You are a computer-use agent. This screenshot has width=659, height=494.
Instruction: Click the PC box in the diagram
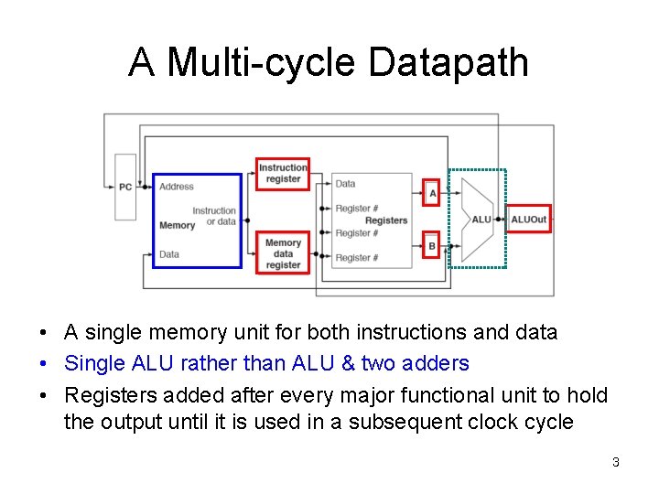pos(125,187)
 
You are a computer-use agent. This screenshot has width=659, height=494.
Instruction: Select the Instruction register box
pos(283,174)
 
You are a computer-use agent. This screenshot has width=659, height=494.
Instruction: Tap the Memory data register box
pos(283,253)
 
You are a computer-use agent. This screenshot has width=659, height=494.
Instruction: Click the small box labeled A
pos(432,192)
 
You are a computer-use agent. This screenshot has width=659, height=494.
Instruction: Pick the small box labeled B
pos(432,245)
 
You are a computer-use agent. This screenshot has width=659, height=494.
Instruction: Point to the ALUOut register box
pos(528,220)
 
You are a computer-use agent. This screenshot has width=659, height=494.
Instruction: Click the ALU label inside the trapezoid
pos(481,220)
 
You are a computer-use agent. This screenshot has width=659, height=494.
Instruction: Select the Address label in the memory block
pos(177,187)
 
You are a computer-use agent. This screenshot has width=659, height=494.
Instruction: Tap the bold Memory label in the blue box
pos(177,225)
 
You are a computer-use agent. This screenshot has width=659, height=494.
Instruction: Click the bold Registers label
pos(386,220)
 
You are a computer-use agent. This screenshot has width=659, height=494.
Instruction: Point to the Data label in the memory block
pos(169,253)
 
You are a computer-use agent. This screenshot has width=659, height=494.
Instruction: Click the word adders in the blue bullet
pos(438,363)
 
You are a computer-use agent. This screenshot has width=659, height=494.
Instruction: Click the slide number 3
pos(616,462)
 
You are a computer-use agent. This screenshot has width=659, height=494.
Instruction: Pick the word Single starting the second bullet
pos(94,363)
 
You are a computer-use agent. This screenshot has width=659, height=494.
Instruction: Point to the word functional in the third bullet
pos(481,394)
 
